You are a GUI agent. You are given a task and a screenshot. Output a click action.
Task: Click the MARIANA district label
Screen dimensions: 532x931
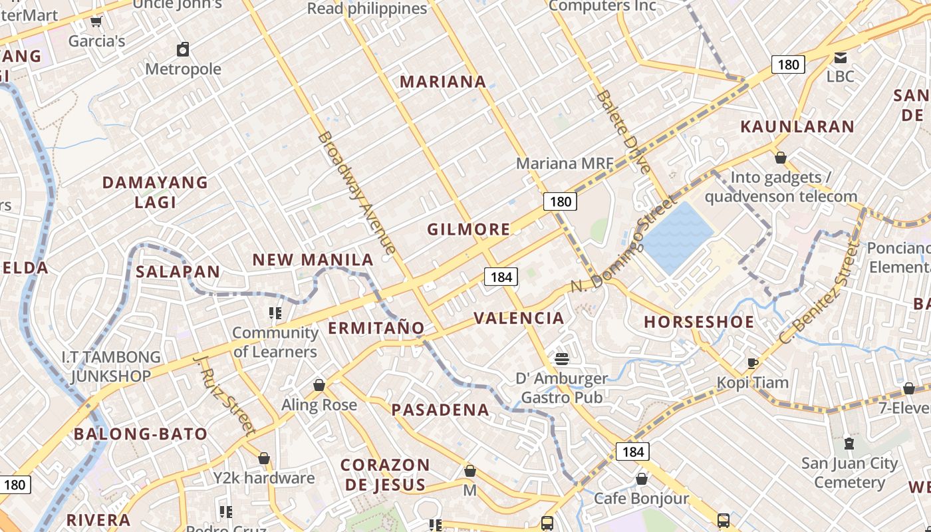(443, 82)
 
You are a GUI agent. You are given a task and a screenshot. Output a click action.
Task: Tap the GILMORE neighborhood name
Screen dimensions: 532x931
(469, 230)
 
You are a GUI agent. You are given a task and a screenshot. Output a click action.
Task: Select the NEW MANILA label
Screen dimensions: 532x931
(313, 260)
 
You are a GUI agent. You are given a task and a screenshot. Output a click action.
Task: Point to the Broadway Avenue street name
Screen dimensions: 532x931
(357, 193)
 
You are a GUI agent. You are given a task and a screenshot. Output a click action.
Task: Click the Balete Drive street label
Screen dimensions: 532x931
(622, 132)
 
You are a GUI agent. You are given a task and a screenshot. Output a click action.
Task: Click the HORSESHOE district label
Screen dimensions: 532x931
(699, 323)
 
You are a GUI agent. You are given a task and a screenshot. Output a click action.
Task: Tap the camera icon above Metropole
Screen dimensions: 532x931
(183, 49)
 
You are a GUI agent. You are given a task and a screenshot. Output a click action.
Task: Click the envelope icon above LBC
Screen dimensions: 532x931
(841, 58)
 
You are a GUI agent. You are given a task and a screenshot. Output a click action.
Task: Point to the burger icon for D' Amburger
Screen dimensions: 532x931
(562, 359)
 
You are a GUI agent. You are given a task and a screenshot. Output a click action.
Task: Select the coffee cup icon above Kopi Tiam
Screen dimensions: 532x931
(752, 363)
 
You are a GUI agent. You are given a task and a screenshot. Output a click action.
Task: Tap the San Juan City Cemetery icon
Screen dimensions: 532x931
(849, 443)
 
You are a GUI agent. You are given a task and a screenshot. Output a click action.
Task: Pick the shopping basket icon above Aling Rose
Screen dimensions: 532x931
(319, 385)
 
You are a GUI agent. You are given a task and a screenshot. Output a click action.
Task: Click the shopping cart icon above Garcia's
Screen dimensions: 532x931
(96, 22)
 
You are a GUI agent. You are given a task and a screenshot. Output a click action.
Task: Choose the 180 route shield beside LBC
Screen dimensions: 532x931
(788, 65)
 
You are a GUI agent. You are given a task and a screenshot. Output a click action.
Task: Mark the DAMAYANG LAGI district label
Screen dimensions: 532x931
(155, 192)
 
